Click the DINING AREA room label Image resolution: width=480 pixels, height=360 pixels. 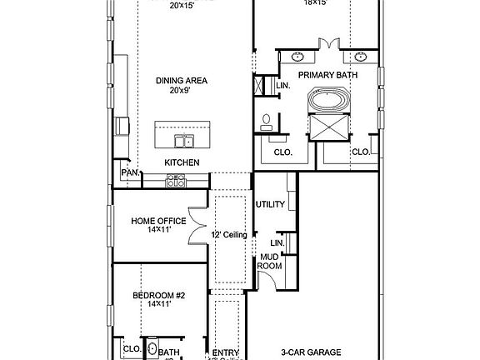point(181,81)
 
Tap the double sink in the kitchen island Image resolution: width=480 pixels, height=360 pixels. point(182,139)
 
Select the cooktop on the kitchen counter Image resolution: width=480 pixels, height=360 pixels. point(176,179)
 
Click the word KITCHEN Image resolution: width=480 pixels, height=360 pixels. point(181,162)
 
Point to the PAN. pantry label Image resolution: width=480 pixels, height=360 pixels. point(129,172)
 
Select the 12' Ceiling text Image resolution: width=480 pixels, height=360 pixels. point(228,236)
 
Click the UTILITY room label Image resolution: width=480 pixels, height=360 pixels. point(271,204)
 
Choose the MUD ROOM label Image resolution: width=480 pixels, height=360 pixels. point(269,262)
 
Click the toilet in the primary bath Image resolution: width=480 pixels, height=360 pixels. point(266,122)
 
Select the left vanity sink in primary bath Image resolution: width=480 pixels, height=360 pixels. point(297,57)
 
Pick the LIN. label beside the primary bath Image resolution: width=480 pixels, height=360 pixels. point(282,86)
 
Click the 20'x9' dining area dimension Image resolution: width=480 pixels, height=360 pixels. point(181,91)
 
